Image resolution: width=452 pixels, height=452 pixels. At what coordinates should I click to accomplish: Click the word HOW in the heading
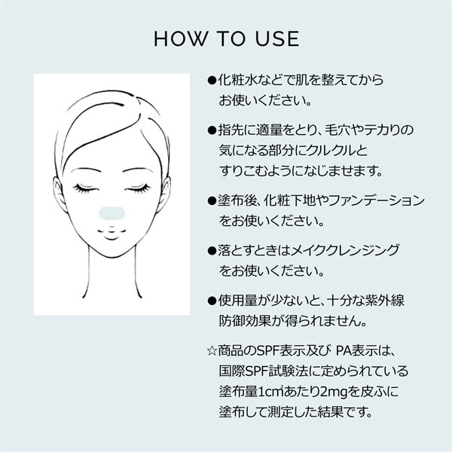181,38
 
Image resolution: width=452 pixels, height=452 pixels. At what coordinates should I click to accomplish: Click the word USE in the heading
277,38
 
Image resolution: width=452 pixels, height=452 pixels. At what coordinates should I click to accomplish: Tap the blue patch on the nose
111,213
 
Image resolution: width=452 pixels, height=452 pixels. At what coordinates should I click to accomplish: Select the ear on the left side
59,193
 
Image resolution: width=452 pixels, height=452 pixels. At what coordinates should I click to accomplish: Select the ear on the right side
164,193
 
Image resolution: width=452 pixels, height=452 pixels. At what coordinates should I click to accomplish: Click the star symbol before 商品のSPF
212,351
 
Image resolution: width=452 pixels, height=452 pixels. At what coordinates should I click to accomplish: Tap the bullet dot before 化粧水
212,80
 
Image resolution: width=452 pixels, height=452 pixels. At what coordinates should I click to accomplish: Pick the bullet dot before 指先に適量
212,130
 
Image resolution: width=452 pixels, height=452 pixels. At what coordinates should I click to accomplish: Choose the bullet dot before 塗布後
212,200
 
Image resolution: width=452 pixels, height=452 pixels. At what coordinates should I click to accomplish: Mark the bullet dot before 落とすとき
212,251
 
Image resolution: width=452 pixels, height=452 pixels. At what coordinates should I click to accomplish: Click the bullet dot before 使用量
212,301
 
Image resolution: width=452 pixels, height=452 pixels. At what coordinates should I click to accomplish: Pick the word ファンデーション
376,200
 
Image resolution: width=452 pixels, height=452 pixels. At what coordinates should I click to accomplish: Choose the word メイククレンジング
345,251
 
